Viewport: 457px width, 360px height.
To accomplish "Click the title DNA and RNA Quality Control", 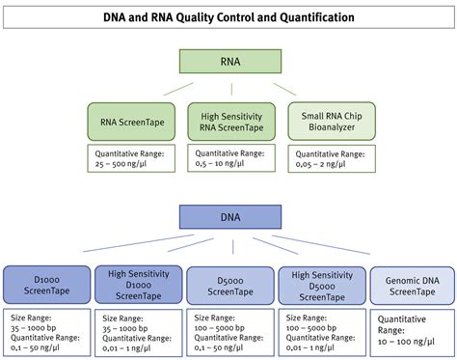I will click(x=228, y=18).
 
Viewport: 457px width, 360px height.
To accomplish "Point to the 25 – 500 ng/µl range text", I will click(x=133, y=163).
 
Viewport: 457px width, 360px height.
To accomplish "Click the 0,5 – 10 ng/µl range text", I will click(x=228, y=163).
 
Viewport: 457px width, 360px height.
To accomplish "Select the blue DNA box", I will click(x=228, y=216).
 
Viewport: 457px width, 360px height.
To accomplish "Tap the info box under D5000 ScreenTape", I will click(x=228, y=330).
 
